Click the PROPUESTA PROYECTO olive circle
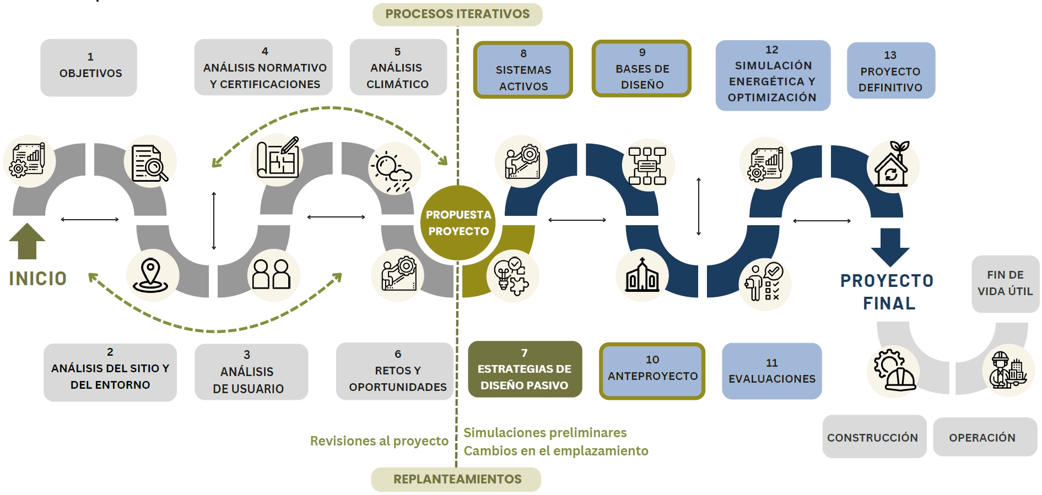458,223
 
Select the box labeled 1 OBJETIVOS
89,67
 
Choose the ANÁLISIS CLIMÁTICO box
398,67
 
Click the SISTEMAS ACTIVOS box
523,70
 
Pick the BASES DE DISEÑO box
642,69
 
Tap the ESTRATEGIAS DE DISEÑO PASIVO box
525,369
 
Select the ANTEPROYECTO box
652,371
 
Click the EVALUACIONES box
771,371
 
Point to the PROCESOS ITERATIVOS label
457,14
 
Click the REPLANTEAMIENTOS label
457,480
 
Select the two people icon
271,274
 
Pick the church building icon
642,275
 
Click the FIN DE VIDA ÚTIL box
1005,284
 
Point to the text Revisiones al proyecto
379,441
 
